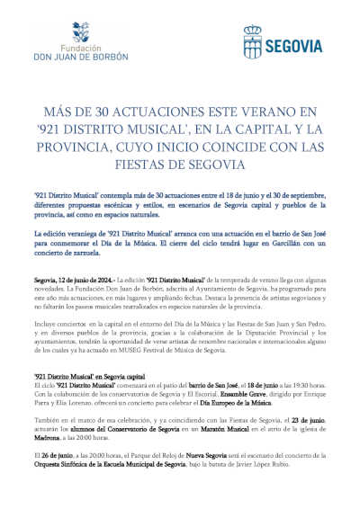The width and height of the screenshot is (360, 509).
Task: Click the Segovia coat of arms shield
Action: (253, 41)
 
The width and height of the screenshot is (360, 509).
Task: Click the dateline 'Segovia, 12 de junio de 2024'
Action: (69, 281)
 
